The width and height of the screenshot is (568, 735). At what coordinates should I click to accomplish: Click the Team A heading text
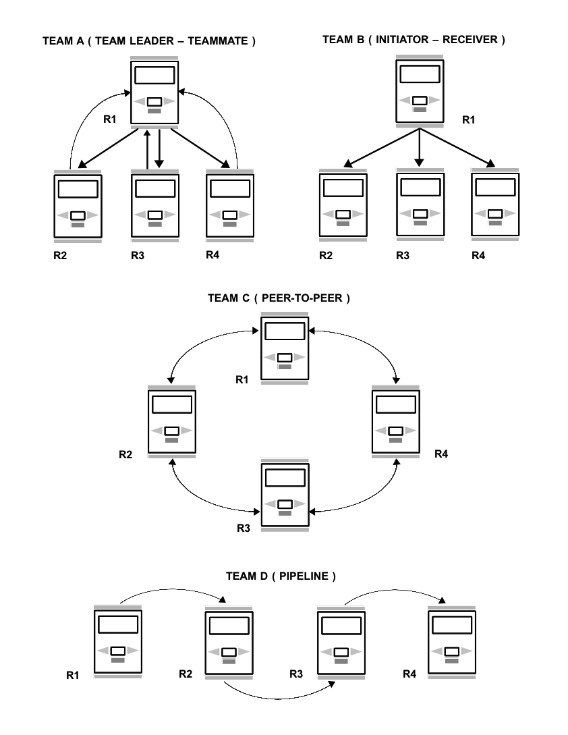tap(149, 42)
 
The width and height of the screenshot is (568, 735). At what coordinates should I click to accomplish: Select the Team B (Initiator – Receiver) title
tap(414, 40)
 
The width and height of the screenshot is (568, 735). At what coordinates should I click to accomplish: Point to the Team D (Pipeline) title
tap(281, 577)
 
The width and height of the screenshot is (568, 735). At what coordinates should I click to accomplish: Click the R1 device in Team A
tap(154, 92)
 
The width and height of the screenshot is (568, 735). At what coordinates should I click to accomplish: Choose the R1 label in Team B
tap(470, 121)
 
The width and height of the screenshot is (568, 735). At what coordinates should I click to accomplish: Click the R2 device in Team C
tap(171, 422)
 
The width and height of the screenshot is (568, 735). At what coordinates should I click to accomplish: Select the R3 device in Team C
tap(285, 495)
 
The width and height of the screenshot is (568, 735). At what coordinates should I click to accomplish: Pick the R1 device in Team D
tap(117, 641)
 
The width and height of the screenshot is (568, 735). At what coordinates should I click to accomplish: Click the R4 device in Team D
tap(452, 641)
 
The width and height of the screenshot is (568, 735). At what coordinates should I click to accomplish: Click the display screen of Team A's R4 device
tap(229, 188)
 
